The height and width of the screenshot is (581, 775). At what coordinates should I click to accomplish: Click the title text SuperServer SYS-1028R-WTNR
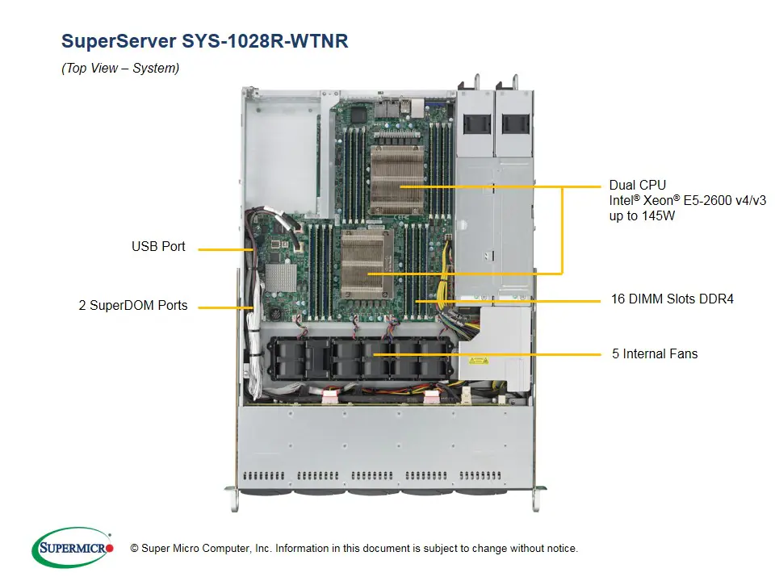pos(205,41)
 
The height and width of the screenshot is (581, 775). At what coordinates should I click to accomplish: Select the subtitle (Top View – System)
pos(120,69)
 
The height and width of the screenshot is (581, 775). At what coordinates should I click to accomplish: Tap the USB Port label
pos(158,247)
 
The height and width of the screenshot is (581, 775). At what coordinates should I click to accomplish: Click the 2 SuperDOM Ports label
pos(133,306)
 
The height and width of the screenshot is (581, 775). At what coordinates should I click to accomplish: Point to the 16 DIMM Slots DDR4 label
pos(672,299)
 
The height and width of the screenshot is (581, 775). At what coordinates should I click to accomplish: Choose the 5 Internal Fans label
pos(655,353)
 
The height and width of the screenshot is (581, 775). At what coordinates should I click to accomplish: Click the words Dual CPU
pos(638,186)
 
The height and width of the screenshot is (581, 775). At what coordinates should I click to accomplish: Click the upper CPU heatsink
pos(398,178)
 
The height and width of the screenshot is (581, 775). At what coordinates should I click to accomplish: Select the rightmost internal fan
pos(434,356)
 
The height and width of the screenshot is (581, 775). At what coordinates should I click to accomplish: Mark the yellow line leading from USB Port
pos(226,249)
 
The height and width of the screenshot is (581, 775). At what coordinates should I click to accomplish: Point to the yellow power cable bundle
pos(443,287)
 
